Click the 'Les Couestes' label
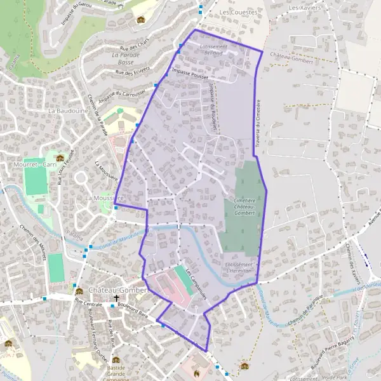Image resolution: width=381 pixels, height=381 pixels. coord(238,12)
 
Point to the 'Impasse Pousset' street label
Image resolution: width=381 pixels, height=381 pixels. coord(190,74)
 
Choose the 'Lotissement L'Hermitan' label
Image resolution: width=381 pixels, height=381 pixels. coord(239,267)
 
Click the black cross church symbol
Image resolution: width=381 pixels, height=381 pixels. coord(117,298)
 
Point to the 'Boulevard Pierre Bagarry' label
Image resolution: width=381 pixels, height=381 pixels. coord(337,356)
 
